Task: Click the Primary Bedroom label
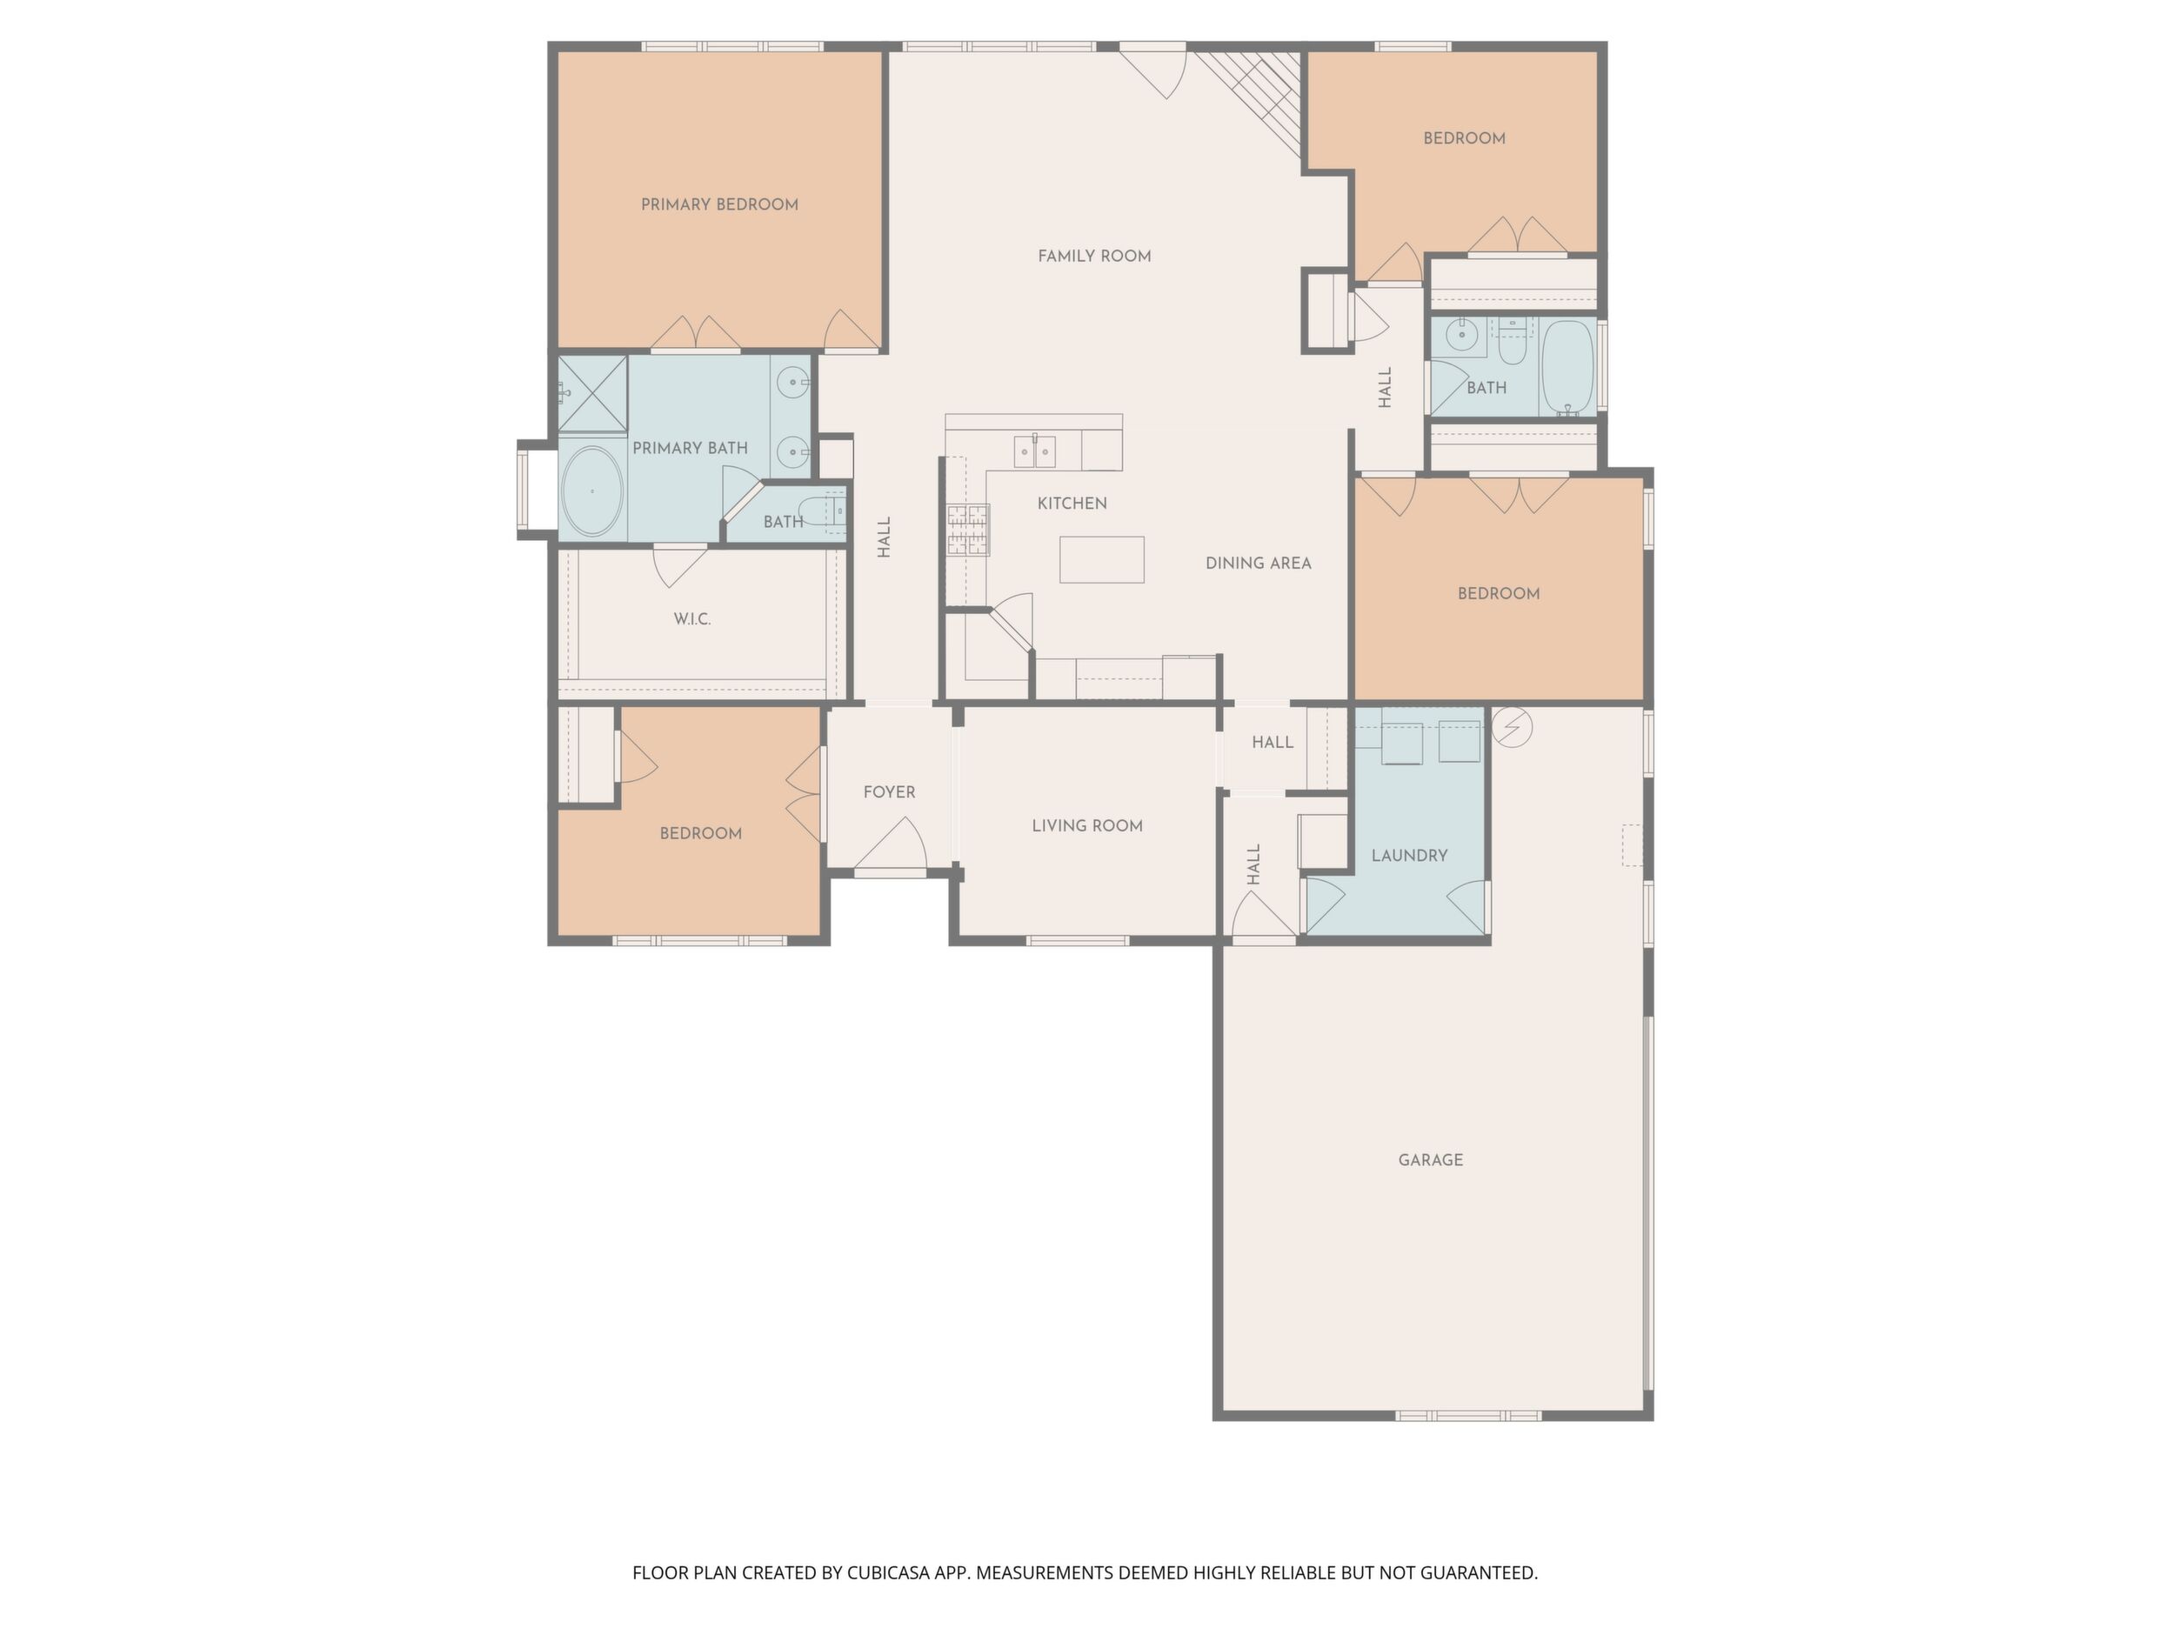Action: pyautogui.click(x=719, y=204)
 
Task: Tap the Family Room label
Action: pyautogui.click(x=1094, y=257)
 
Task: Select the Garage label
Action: pyautogui.click(x=1430, y=1160)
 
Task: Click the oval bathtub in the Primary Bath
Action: pyautogui.click(x=591, y=491)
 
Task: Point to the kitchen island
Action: pyautogui.click(x=1101, y=559)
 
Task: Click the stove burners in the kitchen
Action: pyautogui.click(x=968, y=530)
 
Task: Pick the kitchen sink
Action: pyautogui.click(x=1034, y=451)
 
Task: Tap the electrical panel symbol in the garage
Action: pyautogui.click(x=1512, y=727)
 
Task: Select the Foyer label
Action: pyautogui.click(x=889, y=792)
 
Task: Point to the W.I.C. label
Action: pyautogui.click(x=692, y=619)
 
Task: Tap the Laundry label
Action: pyautogui.click(x=1409, y=856)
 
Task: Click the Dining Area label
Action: pyautogui.click(x=1259, y=564)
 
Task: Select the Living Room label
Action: pyautogui.click(x=1087, y=826)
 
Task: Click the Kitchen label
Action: pyautogui.click(x=1072, y=504)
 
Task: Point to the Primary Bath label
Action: pyautogui.click(x=690, y=449)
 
